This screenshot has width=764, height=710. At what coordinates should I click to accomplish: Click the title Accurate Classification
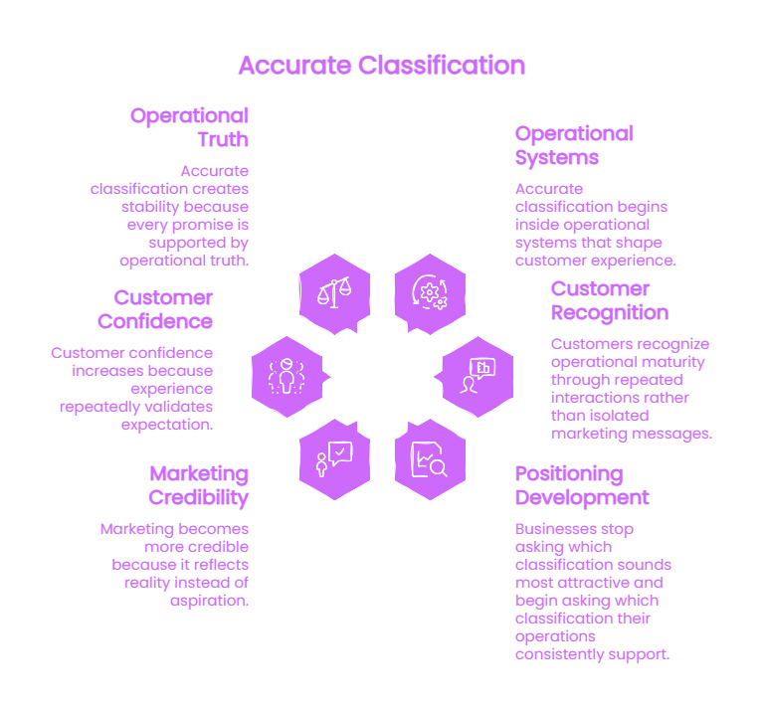[x=382, y=66]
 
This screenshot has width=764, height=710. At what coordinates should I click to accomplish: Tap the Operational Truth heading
[x=190, y=127]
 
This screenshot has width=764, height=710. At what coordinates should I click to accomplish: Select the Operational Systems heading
[x=574, y=145]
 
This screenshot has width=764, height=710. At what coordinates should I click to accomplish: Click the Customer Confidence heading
[x=155, y=309]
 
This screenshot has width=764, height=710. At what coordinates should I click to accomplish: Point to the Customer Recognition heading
[x=610, y=301]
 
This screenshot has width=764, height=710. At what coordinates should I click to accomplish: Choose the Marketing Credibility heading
[x=199, y=486]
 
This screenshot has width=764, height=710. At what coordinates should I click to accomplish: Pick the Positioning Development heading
[x=582, y=486]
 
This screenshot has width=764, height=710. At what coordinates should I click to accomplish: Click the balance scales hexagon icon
[x=334, y=293]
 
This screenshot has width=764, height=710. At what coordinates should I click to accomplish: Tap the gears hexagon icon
[x=430, y=293]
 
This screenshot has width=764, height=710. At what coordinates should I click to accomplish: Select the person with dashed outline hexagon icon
[x=286, y=377]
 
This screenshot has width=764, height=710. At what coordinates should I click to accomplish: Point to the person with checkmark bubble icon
[x=334, y=459]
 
